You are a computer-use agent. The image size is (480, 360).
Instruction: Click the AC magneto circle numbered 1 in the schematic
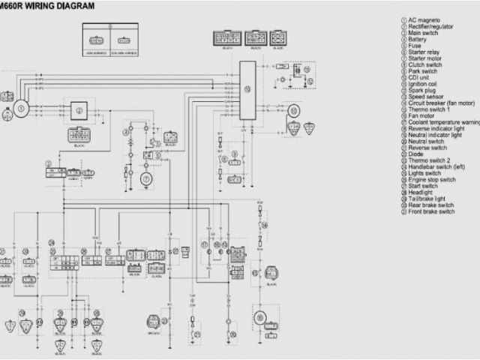[x=22, y=109]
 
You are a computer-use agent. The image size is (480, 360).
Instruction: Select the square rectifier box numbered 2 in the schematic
[x=79, y=109]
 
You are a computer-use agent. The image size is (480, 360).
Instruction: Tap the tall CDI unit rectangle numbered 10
[x=247, y=88]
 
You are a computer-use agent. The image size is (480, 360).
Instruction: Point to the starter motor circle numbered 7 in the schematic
[x=147, y=178]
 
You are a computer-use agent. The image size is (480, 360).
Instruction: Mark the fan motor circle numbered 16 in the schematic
[x=260, y=316]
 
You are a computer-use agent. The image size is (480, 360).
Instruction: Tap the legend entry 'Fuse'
[x=415, y=46]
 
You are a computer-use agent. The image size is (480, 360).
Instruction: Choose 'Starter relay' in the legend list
[x=424, y=52]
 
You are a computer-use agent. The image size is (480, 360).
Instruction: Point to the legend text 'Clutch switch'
[x=424, y=64]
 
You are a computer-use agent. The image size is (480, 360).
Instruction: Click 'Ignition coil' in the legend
[x=424, y=83]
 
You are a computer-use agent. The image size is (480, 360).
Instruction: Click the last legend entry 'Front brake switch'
[x=431, y=211]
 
